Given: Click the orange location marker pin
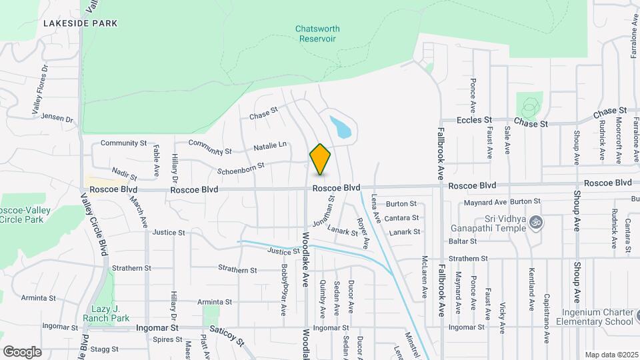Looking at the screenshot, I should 320,159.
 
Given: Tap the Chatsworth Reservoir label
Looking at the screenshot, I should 317,33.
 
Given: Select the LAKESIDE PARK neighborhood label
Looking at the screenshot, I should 80,23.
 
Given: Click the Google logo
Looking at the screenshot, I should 22,351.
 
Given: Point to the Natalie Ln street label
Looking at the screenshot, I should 269,145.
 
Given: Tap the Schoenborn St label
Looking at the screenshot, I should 241,166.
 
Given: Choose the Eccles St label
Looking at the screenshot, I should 474,120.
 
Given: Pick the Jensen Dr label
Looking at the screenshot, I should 57,118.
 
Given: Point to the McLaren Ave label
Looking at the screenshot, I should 424,277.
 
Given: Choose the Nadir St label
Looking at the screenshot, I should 124,175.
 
